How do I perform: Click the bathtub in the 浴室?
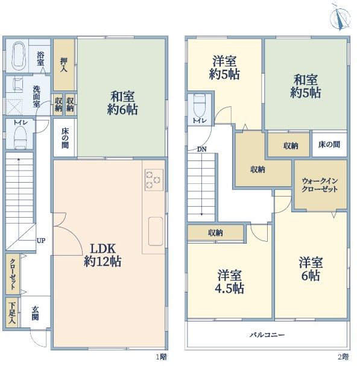coord(19,55)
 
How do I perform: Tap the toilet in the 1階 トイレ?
coord(20,137)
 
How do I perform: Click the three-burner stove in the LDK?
coord(154,180)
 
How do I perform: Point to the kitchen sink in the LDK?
coord(156,231)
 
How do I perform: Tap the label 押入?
coord(64,65)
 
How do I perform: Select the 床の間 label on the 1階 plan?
coord(65,138)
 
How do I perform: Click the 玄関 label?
coord(35,314)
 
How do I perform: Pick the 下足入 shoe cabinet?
coord(12,312)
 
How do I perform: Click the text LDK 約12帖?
coord(103,255)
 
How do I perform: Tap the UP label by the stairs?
coord(41,241)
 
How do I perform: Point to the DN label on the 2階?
coord(201,149)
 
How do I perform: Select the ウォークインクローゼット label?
coord(320,185)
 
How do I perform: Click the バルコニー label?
coord(267,335)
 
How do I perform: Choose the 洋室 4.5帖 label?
coord(230,282)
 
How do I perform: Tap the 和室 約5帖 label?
coord(305,86)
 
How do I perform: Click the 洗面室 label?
coord(36,96)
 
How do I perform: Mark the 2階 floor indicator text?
coord(344,357)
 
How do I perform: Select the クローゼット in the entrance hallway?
coord(13,274)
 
